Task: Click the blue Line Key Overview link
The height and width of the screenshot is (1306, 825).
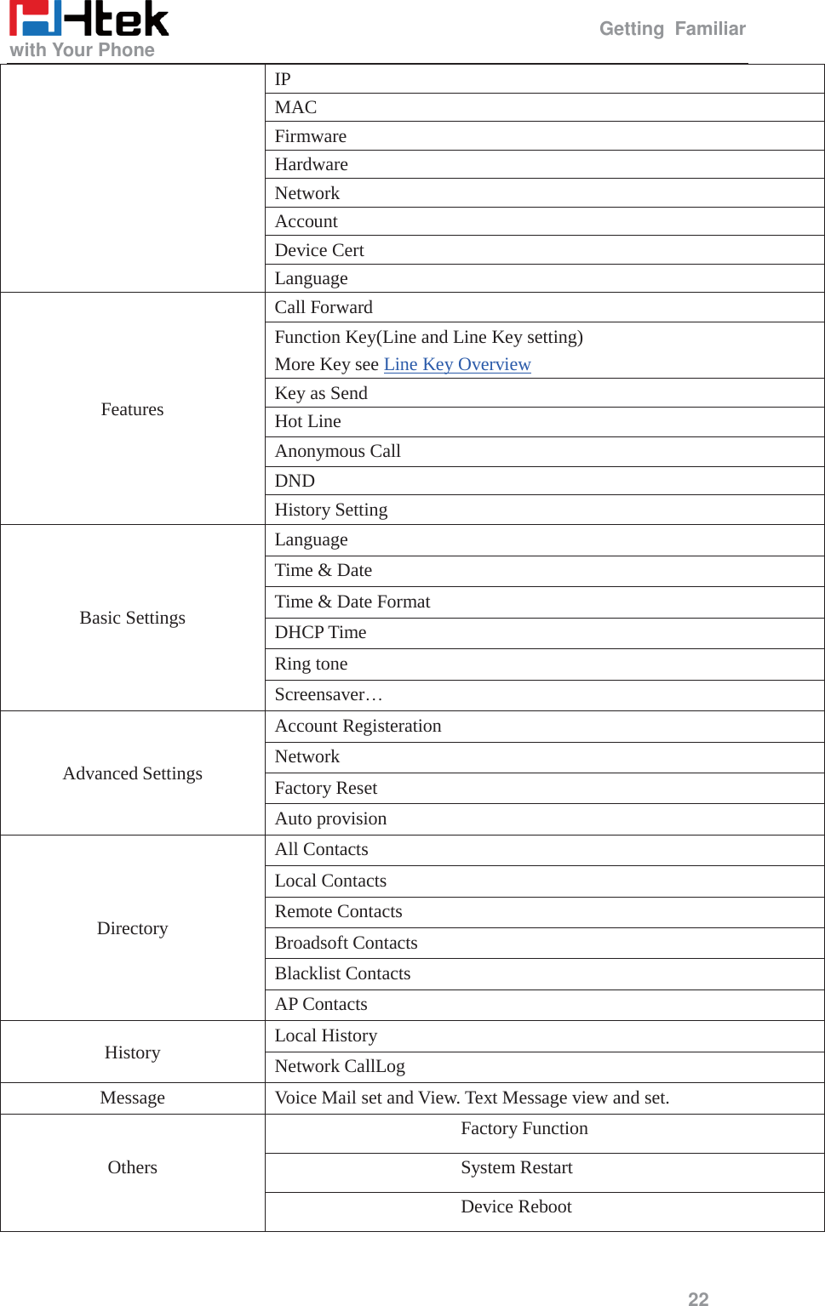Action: (x=456, y=364)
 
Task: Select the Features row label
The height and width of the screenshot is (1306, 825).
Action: (x=132, y=409)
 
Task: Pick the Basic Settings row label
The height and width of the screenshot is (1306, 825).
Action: (x=132, y=618)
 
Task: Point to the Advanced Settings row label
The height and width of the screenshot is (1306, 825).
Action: (x=132, y=773)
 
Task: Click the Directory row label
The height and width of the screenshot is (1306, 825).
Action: (x=132, y=928)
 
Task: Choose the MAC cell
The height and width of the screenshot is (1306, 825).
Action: (x=295, y=107)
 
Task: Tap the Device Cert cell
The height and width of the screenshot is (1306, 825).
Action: (x=319, y=250)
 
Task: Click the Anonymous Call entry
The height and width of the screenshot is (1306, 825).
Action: (x=337, y=451)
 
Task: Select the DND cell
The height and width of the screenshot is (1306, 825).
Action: (x=295, y=481)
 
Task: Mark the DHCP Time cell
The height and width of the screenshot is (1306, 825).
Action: (x=320, y=632)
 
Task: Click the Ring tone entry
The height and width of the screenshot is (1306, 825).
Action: (x=311, y=664)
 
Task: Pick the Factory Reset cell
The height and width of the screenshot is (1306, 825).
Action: (x=325, y=788)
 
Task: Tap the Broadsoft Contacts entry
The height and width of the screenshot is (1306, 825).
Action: (x=346, y=943)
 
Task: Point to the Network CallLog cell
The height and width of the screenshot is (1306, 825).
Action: (x=340, y=1066)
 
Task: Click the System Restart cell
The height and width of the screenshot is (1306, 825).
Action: (x=516, y=1167)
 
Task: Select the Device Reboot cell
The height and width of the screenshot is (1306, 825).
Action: (x=516, y=1206)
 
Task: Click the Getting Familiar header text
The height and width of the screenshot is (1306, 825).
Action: (x=672, y=29)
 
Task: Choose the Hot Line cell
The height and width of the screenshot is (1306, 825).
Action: (x=307, y=421)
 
